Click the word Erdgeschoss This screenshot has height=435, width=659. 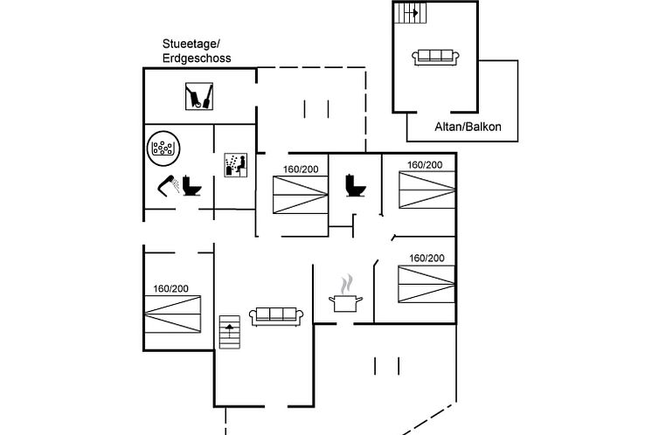[197, 58]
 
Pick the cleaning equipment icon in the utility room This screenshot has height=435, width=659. [200, 95]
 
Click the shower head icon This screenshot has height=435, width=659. [168, 184]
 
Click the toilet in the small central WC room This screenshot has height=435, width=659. [355, 184]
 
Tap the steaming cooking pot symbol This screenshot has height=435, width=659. [346, 294]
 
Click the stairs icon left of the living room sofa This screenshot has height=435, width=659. [229, 331]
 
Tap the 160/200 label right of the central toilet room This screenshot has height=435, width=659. [426, 164]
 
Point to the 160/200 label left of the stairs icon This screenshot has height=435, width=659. [171, 288]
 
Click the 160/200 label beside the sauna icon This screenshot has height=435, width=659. [301, 169]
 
